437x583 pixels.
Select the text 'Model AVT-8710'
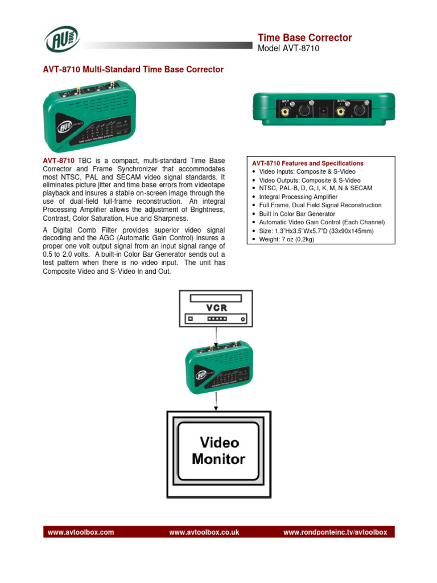click(x=288, y=49)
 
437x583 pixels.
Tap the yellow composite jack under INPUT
click(x=285, y=112)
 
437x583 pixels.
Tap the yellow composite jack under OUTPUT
click(x=341, y=112)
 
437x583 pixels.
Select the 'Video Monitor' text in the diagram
click(x=218, y=450)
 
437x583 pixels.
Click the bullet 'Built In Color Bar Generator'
click(x=298, y=214)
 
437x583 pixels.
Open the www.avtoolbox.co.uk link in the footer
click(x=204, y=532)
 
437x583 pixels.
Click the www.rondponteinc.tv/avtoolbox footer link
click(x=335, y=532)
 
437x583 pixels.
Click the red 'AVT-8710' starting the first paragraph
click(x=59, y=162)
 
